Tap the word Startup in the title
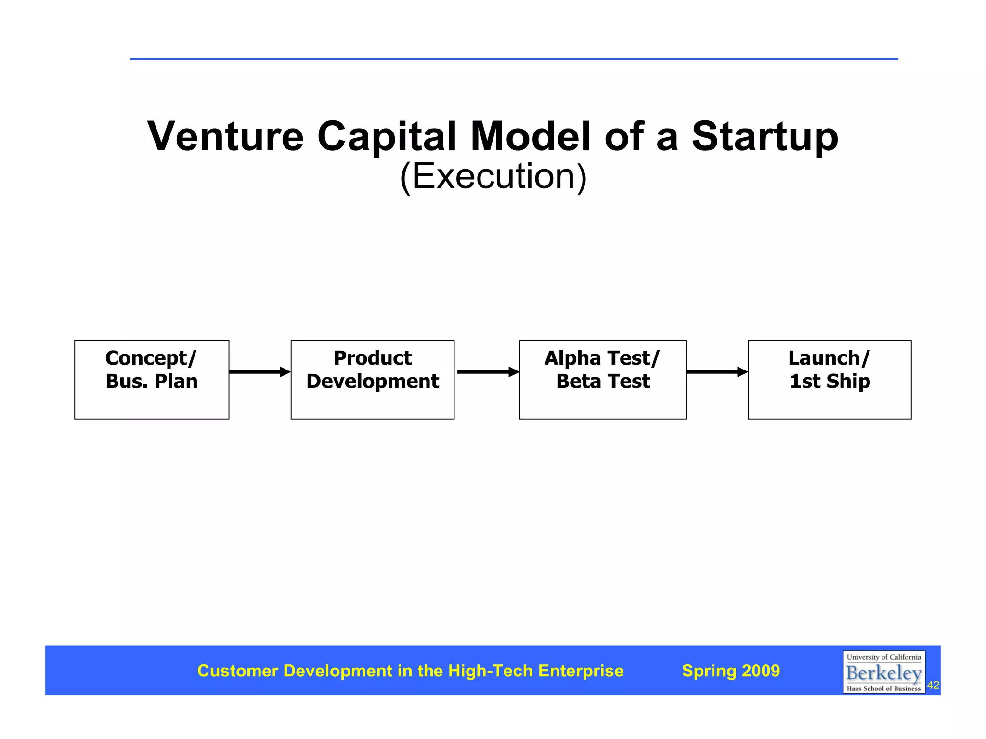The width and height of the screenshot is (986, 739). [x=765, y=137]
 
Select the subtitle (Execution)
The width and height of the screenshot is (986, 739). [x=493, y=176]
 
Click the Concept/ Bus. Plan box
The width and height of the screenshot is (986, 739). [x=152, y=380]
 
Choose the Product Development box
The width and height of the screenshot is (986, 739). [x=372, y=380]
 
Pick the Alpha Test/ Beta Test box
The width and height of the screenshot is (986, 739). [x=602, y=380]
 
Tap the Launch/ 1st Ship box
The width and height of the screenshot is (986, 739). [x=830, y=380]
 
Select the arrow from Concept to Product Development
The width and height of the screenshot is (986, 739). [x=259, y=371]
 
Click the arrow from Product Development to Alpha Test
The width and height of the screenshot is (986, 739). [x=487, y=371]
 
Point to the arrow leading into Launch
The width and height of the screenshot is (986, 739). [x=716, y=371]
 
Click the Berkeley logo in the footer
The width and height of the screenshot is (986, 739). [x=883, y=672]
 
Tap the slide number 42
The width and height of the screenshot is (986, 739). [x=933, y=685]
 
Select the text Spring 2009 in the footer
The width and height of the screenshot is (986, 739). [x=731, y=671]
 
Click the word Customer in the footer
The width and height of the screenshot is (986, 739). [x=238, y=671]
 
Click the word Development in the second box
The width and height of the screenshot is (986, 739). [x=372, y=381]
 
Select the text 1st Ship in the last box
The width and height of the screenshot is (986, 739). [x=830, y=381]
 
